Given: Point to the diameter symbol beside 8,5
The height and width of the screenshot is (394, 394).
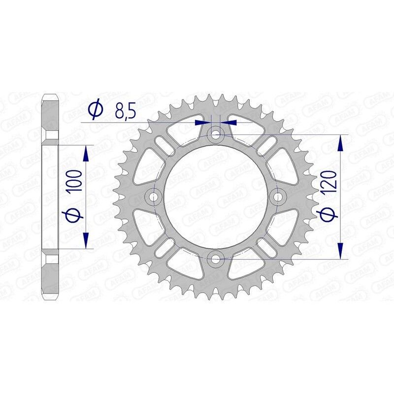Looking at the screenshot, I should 96,109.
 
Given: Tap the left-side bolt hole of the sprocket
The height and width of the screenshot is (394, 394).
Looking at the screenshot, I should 155,197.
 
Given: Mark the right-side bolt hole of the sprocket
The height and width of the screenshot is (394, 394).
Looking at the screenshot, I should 279,197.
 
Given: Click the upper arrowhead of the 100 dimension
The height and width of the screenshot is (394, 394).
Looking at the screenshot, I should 86,154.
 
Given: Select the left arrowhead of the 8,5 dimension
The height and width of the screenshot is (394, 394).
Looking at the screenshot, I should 201,121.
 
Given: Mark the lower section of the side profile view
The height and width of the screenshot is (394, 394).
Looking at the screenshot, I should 51,276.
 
